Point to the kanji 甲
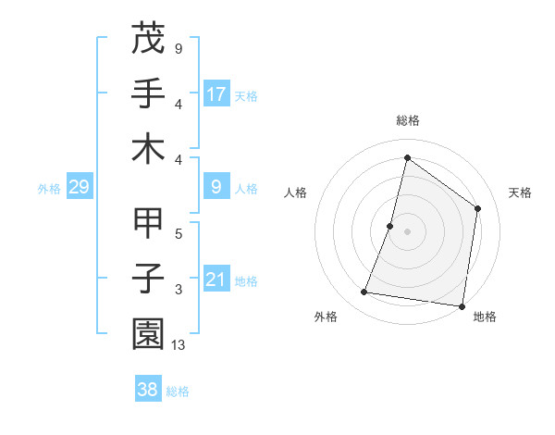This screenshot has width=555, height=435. (x=148, y=223)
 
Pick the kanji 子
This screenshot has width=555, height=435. (x=148, y=279)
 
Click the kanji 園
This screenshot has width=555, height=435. (x=148, y=334)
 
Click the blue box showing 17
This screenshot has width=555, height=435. (x=216, y=93)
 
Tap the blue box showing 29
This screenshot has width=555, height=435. (x=79, y=188)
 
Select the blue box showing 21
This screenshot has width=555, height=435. (x=216, y=280)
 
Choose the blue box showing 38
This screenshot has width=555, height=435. (x=148, y=391)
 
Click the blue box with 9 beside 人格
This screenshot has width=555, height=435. (x=216, y=188)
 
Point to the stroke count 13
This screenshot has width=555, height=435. (x=179, y=346)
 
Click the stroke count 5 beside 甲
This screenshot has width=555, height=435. (x=179, y=234)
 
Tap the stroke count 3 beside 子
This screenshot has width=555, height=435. (x=179, y=291)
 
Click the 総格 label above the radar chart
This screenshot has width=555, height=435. (x=408, y=120)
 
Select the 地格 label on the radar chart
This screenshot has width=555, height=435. (x=485, y=317)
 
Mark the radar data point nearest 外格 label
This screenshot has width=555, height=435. (x=364, y=292)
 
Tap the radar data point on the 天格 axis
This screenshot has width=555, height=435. (x=478, y=208)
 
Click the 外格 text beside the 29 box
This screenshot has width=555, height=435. (x=49, y=189)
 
